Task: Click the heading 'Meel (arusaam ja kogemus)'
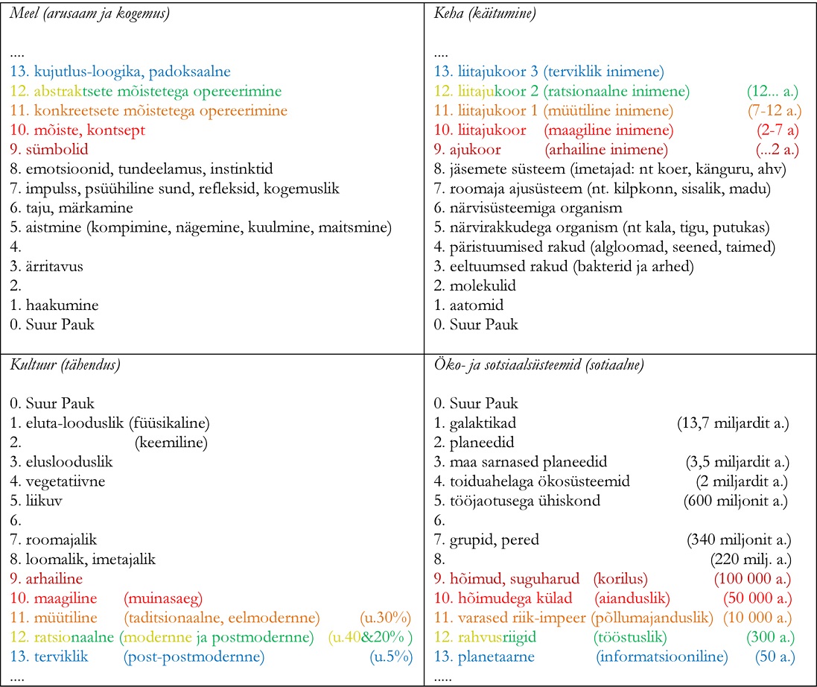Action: [89, 14]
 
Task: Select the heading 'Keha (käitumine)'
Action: [485, 14]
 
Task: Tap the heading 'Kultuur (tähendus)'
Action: [66, 365]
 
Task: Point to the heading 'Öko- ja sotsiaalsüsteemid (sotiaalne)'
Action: [538, 365]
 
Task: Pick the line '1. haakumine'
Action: [54, 305]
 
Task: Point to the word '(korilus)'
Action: [620, 578]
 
